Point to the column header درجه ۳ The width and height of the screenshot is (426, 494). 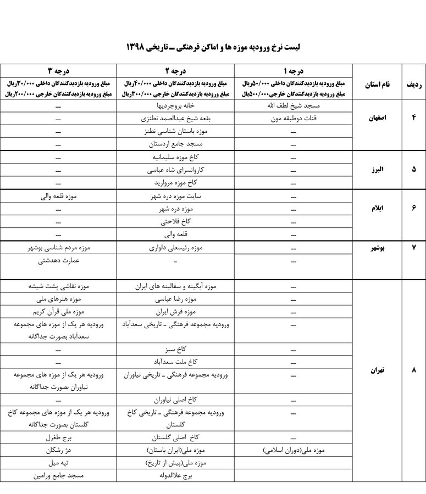(59, 71)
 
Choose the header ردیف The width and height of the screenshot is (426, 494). (413, 85)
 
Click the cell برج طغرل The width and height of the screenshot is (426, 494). (59, 439)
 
